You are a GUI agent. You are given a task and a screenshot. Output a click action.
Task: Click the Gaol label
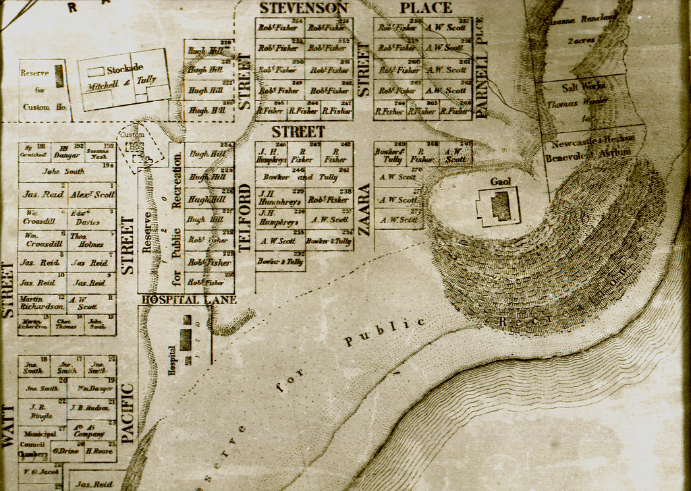point(501,181)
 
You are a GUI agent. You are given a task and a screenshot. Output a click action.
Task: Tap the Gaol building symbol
point(499,206)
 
